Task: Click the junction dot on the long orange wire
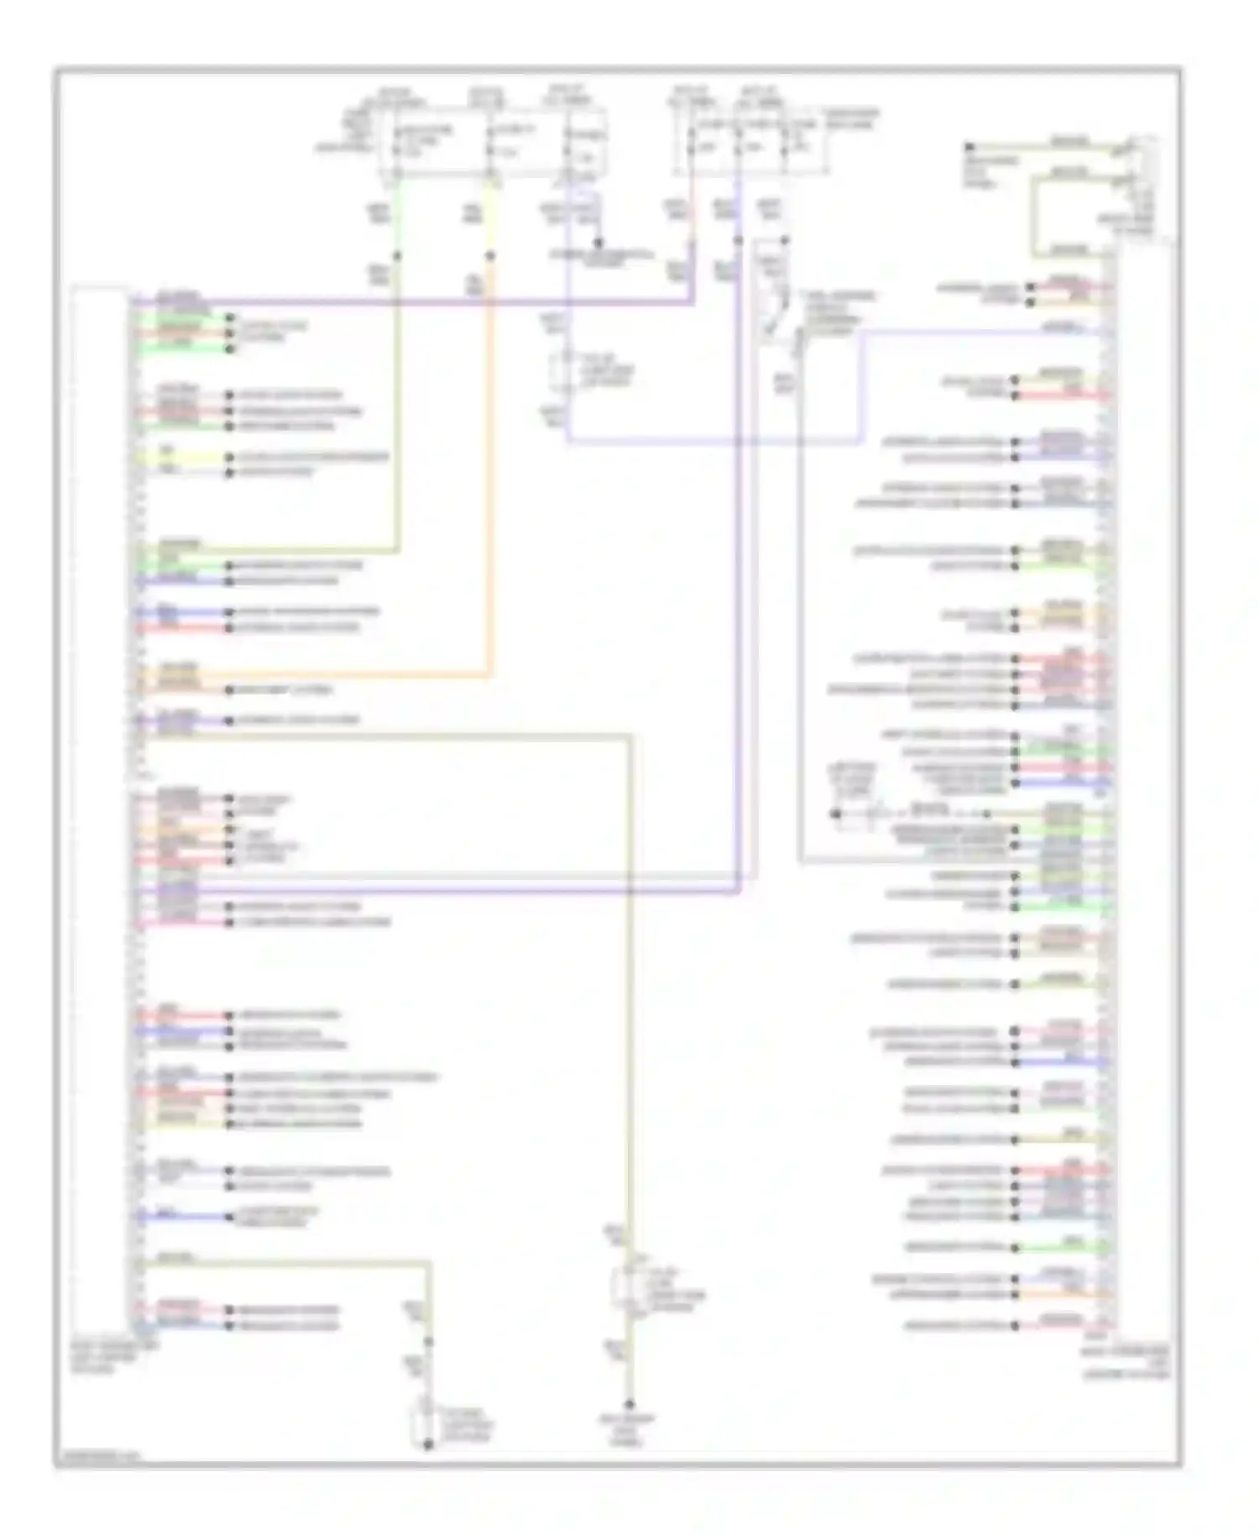(490, 256)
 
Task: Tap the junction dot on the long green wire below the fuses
(397, 256)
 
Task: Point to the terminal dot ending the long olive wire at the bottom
(629, 1404)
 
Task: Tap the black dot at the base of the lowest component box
(428, 1444)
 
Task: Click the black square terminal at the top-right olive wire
(969, 147)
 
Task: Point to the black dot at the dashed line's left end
(835, 814)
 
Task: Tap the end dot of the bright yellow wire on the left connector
(228, 458)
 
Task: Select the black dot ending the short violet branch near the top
(598, 243)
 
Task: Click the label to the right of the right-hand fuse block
(848, 118)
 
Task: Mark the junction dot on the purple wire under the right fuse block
(739, 241)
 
